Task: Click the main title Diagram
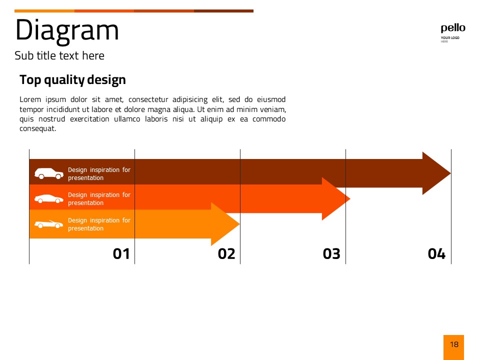[x=67, y=31]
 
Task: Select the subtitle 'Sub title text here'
[x=59, y=55]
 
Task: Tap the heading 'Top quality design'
[x=72, y=80]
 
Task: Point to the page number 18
[x=454, y=344]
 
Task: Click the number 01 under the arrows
[x=121, y=254]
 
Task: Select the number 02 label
[x=226, y=254]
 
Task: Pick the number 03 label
[x=331, y=254]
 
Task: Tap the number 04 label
[x=436, y=254]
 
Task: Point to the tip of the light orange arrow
[x=239, y=224]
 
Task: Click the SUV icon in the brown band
[x=49, y=173]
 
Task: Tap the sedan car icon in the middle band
[x=49, y=199]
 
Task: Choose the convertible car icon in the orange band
[x=49, y=224]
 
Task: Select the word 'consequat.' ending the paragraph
[x=38, y=128]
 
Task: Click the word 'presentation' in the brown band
[x=85, y=178]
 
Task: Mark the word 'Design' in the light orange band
[x=77, y=220]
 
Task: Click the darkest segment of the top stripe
[x=224, y=11]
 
